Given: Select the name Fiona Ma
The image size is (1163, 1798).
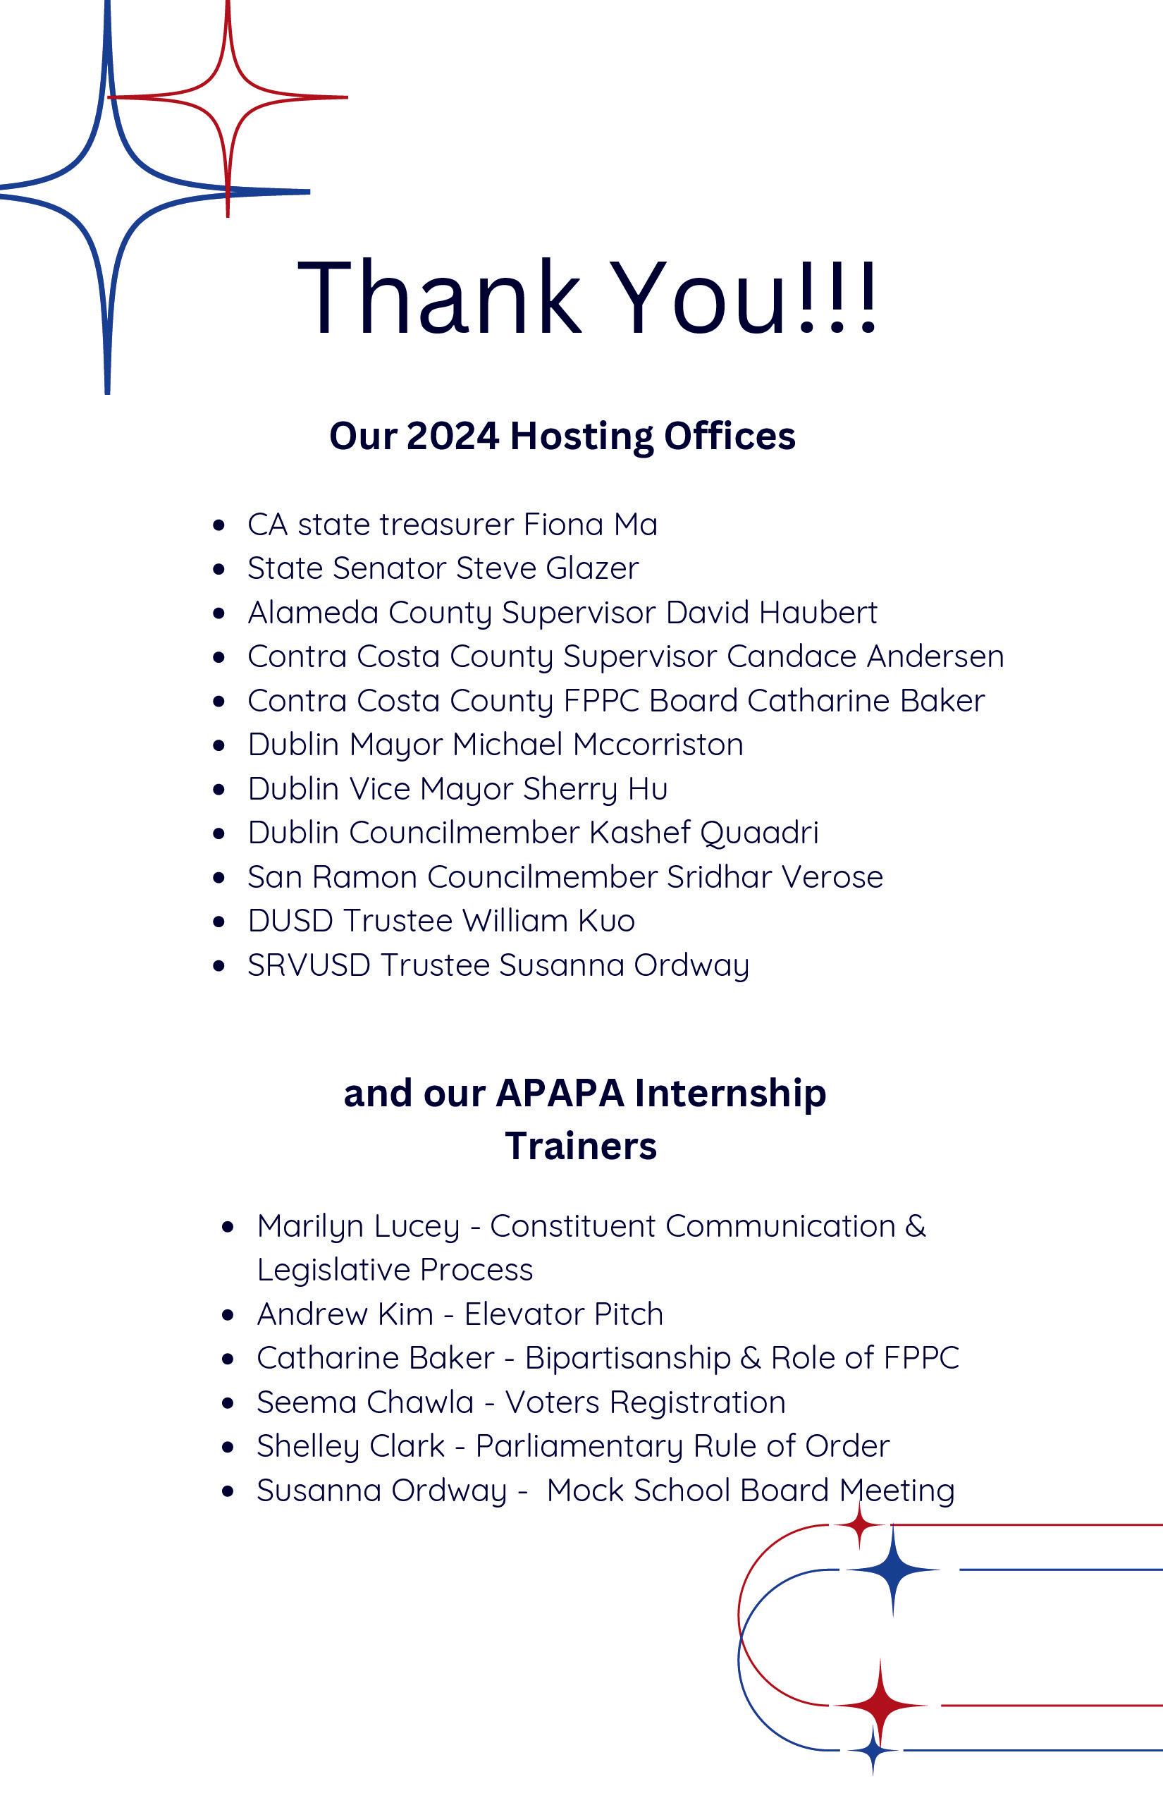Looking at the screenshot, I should point(591,525).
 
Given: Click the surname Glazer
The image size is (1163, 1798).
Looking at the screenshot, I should point(592,568).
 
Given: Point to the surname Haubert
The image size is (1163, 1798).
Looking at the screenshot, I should point(818,612).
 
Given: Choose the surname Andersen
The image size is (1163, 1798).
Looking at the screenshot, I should point(935,656).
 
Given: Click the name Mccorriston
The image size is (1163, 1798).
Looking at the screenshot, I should point(658,744).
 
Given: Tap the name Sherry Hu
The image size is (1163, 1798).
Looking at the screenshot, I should point(595,788).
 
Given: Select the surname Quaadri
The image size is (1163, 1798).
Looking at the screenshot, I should point(759,833).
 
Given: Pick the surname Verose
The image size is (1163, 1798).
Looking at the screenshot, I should point(832,876).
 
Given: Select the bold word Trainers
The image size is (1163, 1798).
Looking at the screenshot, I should point(581,1145).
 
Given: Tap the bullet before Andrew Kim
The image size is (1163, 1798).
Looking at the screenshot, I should point(228,1314).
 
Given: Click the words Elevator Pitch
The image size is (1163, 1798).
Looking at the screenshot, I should point(563,1314).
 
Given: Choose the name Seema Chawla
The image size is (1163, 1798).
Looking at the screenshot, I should point(365,1402).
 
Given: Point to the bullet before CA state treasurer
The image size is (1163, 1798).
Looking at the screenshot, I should point(219,525).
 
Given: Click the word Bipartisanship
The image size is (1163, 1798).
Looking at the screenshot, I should point(627,1358).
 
